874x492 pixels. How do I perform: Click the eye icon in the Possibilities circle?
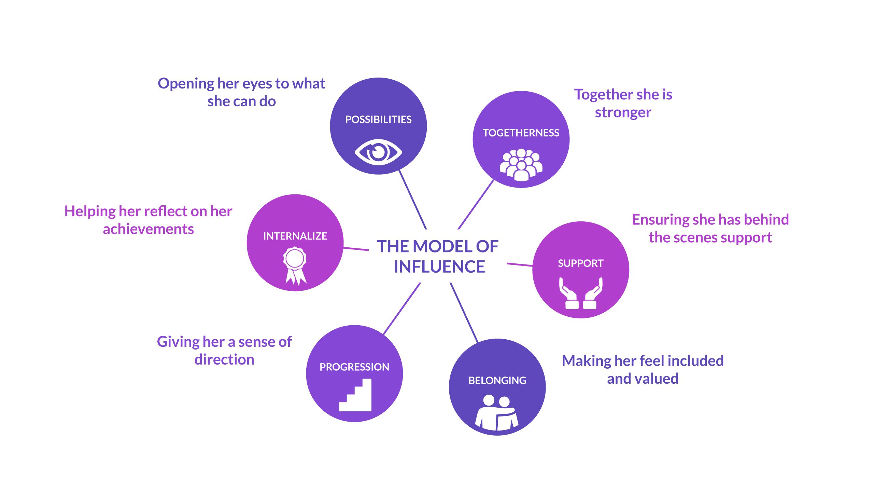pyautogui.click(x=378, y=152)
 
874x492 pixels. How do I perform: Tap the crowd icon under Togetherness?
pyautogui.click(x=521, y=165)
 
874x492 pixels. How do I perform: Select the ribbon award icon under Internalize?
pyautogui.click(x=295, y=266)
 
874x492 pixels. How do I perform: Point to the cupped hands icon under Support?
pyautogui.click(x=581, y=293)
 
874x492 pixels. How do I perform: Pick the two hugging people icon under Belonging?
pyautogui.click(x=497, y=412)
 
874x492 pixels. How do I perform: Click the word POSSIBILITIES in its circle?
pyautogui.click(x=378, y=120)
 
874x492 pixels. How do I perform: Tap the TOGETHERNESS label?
pyautogui.click(x=521, y=133)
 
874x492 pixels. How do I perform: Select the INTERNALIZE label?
pyautogui.click(x=295, y=236)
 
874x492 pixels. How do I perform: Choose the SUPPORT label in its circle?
pyautogui.click(x=581, y=263)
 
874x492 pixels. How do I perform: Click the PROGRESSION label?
pyautogui.click(x=354, y=367)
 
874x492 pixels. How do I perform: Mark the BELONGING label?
pyautogui.click(x=497, y=380)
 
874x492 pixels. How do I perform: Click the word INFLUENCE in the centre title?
pyautogui.click(x=439, y=267)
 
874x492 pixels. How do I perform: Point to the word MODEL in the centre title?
pyautogui.click(x=444, y=246)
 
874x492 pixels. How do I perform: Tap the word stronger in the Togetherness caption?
pyautogui.click(x=623, y=113)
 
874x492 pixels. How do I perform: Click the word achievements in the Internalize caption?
pyautogui.click(x=149, y=229)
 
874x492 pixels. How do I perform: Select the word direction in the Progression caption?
pyautogui.click(x=224, y=360)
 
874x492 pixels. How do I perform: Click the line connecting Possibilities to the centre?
pyautogui.click(x=413, y=200)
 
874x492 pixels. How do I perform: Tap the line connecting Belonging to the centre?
pyautogui.click(x=464, y=312)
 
